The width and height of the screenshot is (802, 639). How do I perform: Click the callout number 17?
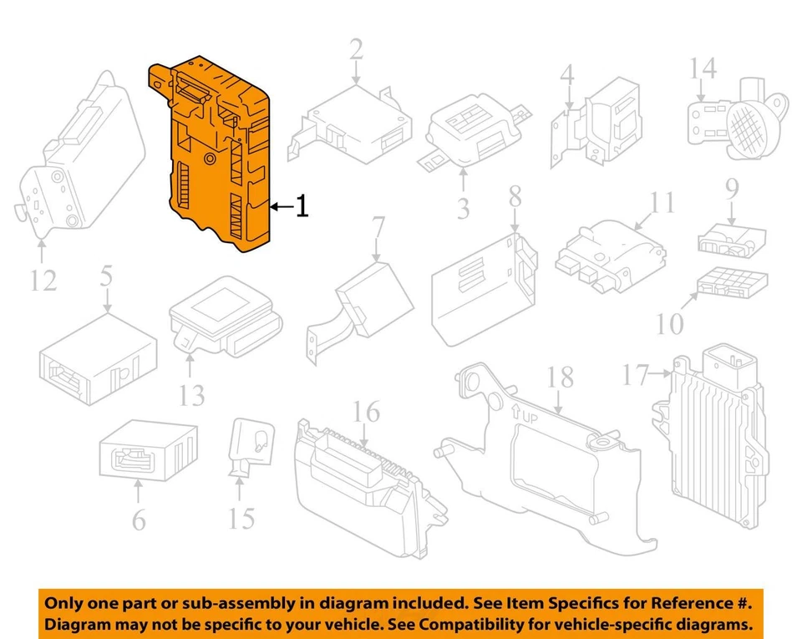coord(636,376)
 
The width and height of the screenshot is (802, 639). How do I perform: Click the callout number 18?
coord(561,378)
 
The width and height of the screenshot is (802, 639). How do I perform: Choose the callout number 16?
coord(366,412)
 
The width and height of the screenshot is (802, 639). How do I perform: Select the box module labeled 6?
coord(148,452)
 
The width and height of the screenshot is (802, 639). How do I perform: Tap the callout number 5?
coord(106,276)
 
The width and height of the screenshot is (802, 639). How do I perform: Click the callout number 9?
coord(732,190)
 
